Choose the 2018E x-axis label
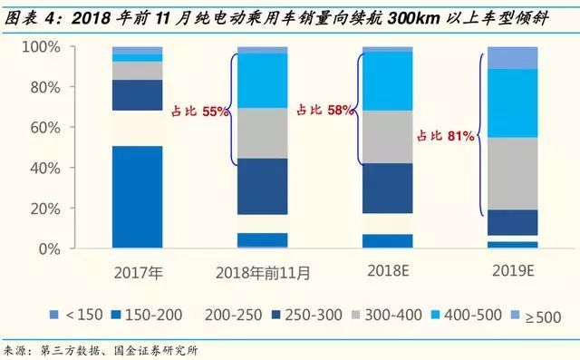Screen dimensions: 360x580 coord(387,271)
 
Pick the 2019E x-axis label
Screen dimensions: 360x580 coord(512,271)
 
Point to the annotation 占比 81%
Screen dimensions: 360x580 coord(446,136)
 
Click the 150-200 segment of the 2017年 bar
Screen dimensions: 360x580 coord(138,196)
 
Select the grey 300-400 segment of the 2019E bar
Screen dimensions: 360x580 coord(512,173)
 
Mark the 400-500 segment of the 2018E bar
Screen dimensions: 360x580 coord(387,82)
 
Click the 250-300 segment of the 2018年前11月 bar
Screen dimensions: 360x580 coord(262,186)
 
